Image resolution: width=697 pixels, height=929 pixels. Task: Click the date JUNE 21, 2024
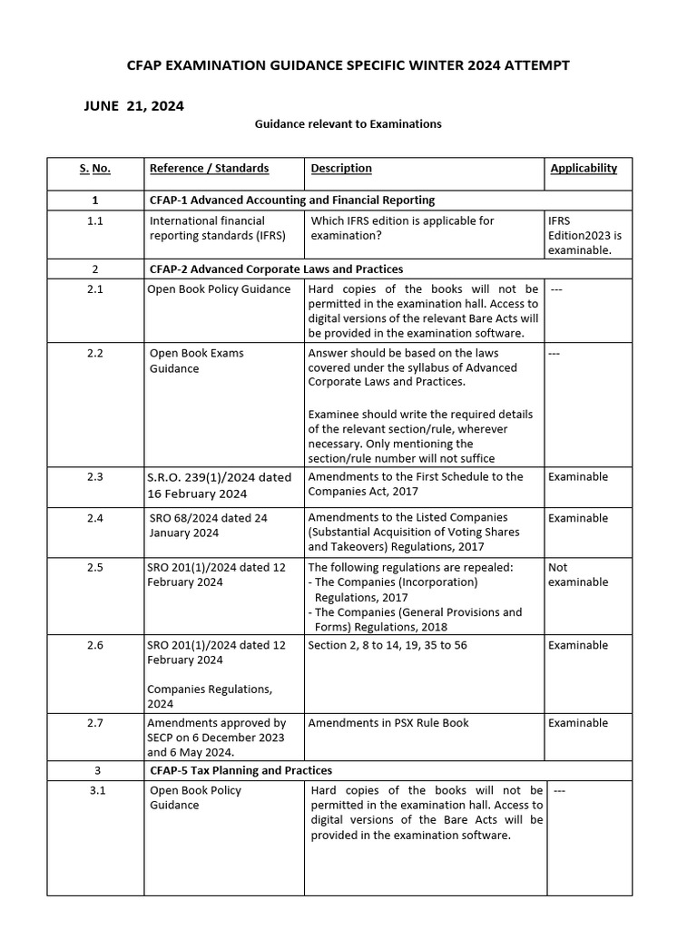(x=133, y=106)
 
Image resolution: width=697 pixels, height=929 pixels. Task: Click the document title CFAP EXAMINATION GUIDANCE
(x=348, y=65)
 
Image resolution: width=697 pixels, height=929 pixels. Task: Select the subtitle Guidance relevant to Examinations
(x=348, y=123)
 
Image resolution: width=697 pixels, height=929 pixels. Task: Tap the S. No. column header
(x=94, y=169)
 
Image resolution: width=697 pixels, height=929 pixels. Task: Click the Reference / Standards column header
(x=209, y=169)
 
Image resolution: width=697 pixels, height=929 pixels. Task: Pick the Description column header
(x=341, y=169)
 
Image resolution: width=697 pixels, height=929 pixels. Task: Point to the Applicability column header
(x=583, y=169)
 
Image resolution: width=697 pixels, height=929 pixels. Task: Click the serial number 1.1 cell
(x=94, y=220)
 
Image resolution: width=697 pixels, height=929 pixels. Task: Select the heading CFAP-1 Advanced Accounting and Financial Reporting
(x=291, y=200)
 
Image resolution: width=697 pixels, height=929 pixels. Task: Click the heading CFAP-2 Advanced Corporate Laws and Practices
(x=276, y=269)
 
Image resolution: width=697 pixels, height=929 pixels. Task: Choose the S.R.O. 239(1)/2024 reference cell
(x=219, y=485)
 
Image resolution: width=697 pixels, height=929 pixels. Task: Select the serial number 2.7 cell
(x=94, y=723)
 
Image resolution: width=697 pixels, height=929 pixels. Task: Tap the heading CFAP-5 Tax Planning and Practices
(x=241, y=770)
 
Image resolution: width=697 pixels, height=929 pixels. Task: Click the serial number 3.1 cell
(x=98, y=790)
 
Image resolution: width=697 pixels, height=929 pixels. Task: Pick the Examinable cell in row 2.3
(x=578, y=476)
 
